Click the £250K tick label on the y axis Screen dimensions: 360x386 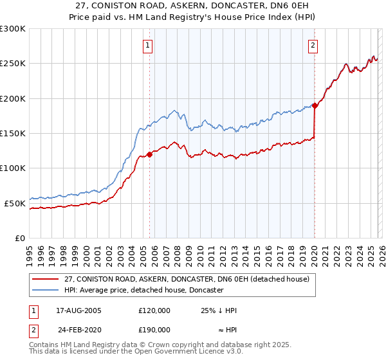[13, 64]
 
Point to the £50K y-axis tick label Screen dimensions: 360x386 [15, 203]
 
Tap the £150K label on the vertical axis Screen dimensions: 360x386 [13, 133]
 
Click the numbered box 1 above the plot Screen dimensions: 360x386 [149, 45]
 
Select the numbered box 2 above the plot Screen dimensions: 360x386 [313, 45]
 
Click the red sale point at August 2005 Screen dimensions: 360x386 [149, 154]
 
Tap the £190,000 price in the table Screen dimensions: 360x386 [154, 329]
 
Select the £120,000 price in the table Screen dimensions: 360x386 [154, 310]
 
